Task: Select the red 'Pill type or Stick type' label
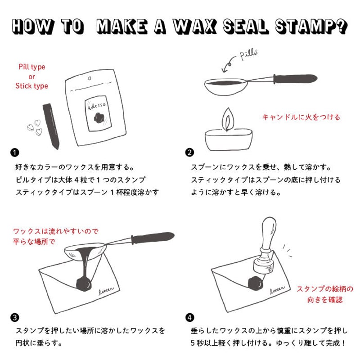click(31, 76)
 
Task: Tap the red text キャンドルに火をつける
click(301, 117)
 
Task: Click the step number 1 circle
click(15, 152)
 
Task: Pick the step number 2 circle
click(190, 152)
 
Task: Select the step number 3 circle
click(15, 317)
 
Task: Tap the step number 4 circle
click(190, 317)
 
